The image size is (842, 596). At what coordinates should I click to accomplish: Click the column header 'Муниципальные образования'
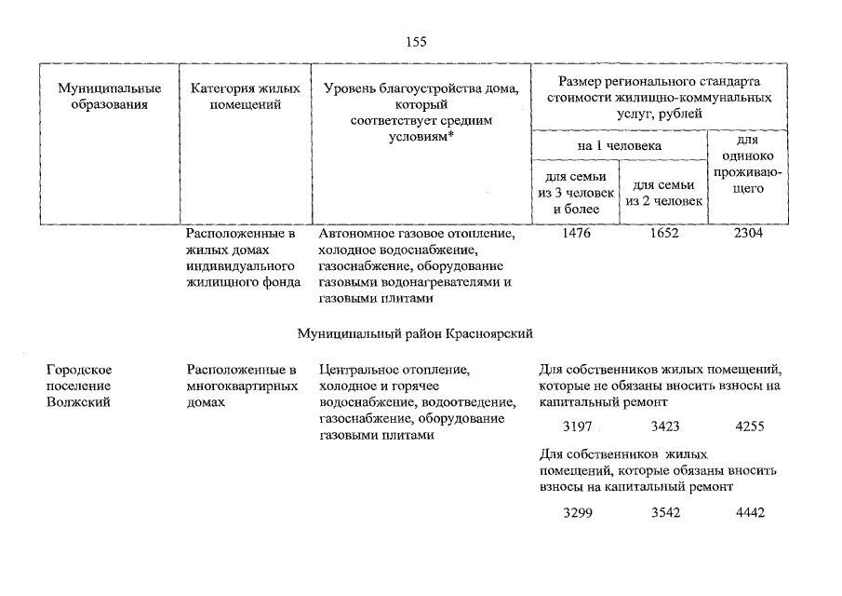109,97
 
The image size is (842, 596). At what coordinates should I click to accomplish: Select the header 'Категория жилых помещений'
246,97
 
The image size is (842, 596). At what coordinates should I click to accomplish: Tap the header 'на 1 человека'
618,146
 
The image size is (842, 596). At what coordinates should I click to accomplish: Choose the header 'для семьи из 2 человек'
663,193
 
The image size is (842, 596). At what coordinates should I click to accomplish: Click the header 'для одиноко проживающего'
748,164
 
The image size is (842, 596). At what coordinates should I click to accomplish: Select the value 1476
578,234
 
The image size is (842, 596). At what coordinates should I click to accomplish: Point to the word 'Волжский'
78,402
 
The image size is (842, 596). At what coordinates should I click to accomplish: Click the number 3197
578,427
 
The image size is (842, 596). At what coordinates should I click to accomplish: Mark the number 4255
750,427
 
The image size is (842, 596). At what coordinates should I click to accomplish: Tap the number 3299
578,512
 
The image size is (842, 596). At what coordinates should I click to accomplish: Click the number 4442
750,512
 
